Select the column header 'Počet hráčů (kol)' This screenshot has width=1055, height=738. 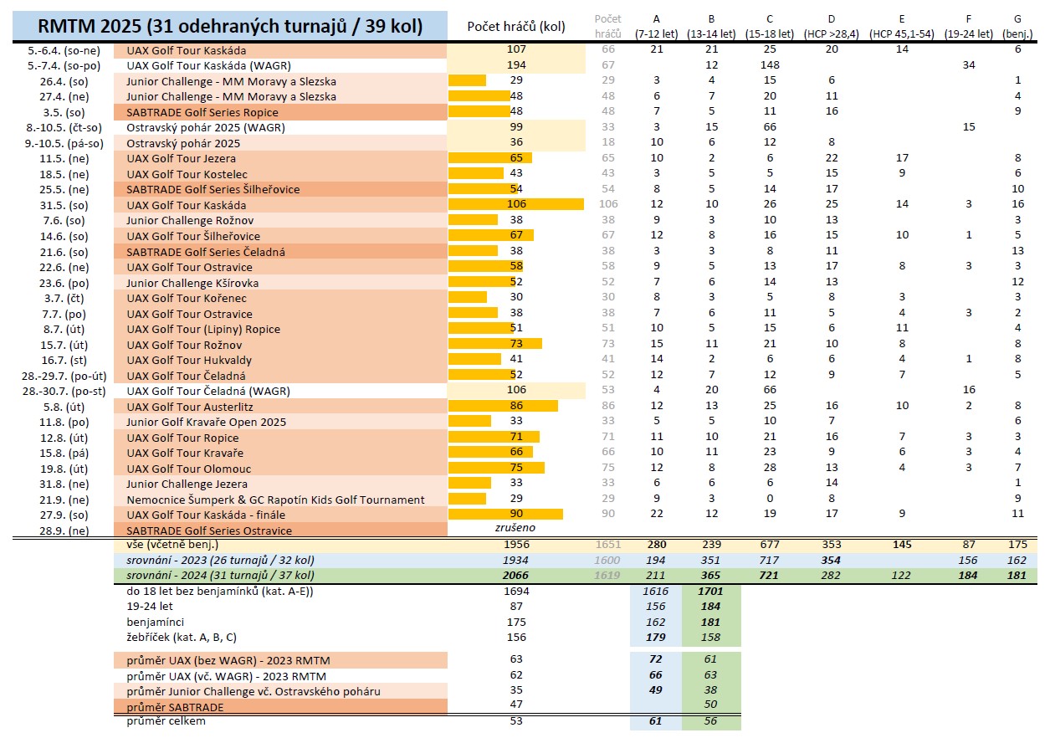click(x=516, y=26)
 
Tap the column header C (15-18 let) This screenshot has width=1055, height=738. click(x=769, y=27)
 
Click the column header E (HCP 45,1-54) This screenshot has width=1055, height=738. click(x=901, y=27)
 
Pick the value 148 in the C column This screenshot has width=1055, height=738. click(x=769, y=65)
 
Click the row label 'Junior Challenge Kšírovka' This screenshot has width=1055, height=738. click(x=192, y=283)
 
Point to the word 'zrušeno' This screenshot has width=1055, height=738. click(x=516, y=530)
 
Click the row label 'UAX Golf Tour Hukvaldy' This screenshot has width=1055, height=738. click(x=189, y=360)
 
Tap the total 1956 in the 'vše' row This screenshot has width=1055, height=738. click(x=516, y=546)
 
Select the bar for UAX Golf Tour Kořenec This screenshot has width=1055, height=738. click(x=469, y=298)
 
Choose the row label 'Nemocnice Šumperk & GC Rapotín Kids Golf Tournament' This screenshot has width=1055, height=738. click(x=275, y=500)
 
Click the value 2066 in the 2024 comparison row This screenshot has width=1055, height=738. click(x=516, y=577)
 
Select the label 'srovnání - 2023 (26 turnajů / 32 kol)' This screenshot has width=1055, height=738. click(x=221, y=561)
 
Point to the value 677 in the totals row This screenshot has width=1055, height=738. click(x=769, y=546)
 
